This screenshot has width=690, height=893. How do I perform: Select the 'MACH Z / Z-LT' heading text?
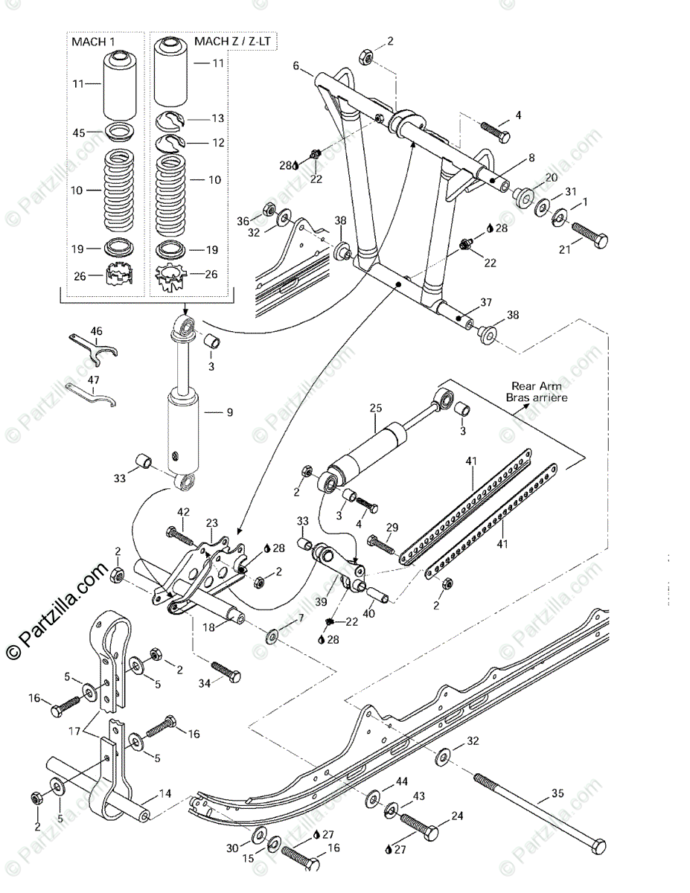234,42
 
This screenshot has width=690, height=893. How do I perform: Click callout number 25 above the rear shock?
375,408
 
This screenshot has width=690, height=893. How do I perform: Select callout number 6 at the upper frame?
296,66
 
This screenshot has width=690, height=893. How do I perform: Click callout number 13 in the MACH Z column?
217,118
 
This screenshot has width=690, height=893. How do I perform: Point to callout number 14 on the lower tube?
166,793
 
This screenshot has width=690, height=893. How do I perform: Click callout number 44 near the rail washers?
401,781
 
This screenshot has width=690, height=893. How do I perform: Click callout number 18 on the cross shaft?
209,627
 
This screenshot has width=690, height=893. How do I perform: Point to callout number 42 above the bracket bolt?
183,512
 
